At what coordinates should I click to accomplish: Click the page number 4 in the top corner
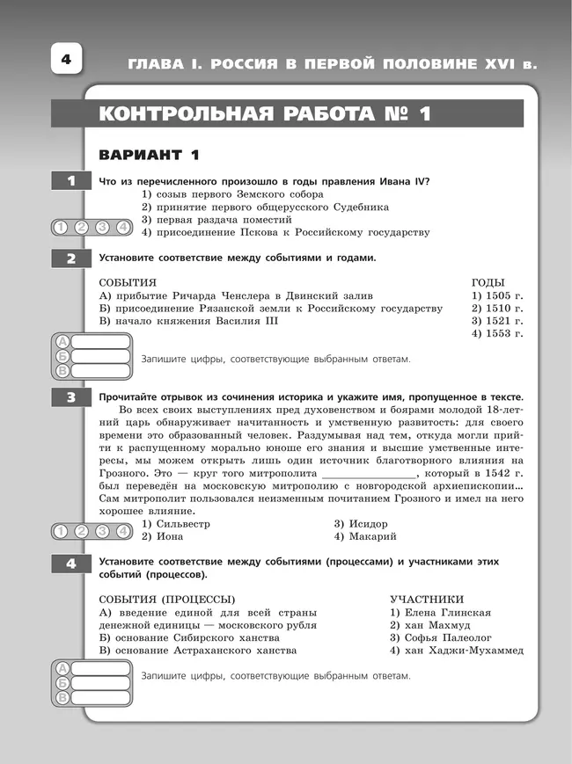tap(65, 61)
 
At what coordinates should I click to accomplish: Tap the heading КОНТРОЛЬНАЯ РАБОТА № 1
tap(264, 114)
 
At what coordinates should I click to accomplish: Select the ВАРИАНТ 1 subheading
tap(150, 156)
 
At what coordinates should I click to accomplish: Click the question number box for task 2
tap(71, 258)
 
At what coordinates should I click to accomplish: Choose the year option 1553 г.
tap(497, 333)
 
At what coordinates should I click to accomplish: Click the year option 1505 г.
tap(497, 296)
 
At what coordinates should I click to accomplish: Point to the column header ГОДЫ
tap(488, 283)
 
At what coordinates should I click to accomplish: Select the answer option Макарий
tap(365, 535)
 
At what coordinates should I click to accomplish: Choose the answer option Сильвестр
tap(176, 523)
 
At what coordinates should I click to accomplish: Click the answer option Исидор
tap(361, 523)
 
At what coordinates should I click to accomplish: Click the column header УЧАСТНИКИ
tap(427, 598)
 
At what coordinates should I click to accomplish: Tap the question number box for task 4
tap(71, 564)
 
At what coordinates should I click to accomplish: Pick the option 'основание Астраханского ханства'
tap(197, 650)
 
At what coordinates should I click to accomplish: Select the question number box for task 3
tap(71, 398)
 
